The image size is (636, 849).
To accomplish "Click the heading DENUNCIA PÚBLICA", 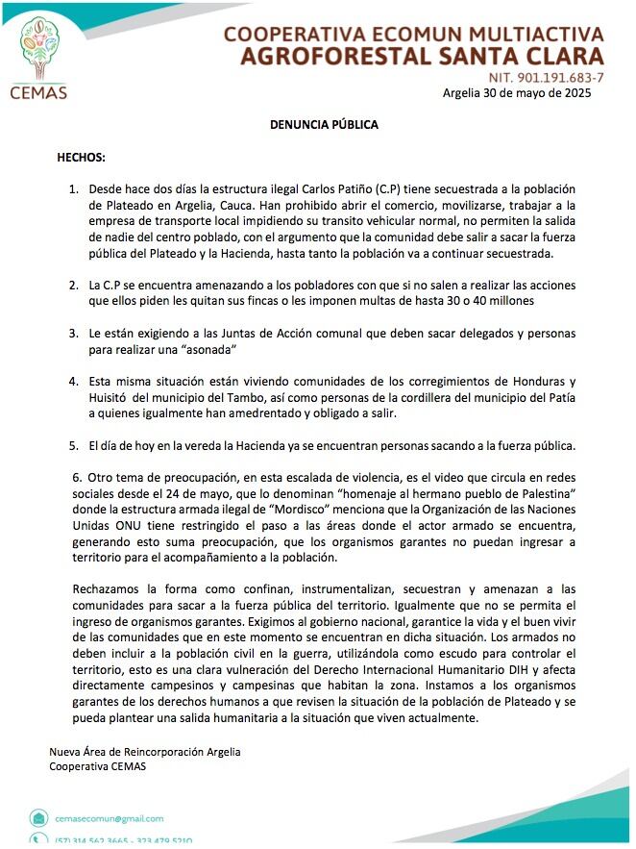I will (323, 125).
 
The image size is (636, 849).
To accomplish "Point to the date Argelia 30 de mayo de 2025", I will (517, 93).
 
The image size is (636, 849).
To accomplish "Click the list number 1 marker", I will (73, 190).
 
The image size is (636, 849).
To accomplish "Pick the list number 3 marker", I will (73, 333).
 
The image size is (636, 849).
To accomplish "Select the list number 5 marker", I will (73, 445).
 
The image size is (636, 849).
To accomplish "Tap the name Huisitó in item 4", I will (112, 397).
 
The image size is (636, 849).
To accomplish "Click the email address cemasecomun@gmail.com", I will (110, 818).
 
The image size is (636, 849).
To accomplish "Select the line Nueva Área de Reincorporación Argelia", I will (145, 752).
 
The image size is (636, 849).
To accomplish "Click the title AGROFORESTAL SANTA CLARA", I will (422, 56).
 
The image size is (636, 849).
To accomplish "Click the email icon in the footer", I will (37, 819).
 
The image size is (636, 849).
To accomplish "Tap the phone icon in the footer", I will (37, 840).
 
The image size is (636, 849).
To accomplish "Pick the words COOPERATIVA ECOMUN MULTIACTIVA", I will (414, 34).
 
